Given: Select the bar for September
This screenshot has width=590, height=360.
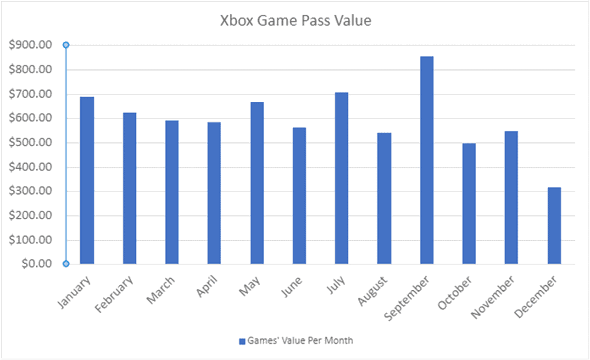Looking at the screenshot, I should [426, 160].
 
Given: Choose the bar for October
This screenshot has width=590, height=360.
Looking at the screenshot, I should [469, 204].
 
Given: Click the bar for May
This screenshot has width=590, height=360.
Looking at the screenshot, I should [257, 183].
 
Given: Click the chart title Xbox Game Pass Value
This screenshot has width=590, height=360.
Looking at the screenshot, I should [295, 21].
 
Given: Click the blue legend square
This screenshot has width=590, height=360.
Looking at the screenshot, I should [242, 341].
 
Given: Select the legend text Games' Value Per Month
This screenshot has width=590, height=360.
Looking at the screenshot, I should [300, 341].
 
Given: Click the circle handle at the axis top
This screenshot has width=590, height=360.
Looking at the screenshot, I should [66, 45].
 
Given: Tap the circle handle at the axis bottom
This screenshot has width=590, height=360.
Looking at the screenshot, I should [66, 264].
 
